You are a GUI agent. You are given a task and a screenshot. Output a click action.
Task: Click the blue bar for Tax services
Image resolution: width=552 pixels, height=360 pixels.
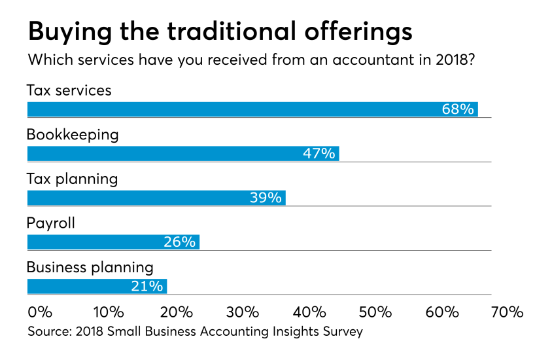tap(252, 109)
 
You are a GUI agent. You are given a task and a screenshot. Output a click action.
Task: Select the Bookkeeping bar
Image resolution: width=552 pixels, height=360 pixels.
tap(183, 154)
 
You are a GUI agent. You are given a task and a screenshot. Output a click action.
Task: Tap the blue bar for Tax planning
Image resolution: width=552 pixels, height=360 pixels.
tap(156, 198)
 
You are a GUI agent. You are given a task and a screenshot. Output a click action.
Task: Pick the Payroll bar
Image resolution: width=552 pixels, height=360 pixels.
tap(113, 242)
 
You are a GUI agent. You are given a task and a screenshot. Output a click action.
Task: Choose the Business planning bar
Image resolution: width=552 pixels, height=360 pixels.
tap(97, 286)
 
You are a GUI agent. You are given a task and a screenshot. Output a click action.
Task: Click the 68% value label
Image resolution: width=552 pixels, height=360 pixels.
tap(458, 109)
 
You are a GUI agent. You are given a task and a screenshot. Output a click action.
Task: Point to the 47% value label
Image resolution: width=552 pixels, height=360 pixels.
tap(319, 154)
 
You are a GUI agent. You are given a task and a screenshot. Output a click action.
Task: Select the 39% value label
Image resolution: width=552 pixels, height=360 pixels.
tap(266, 198)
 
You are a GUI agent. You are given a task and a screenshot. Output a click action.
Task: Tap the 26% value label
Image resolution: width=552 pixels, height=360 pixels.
tap(179, 242)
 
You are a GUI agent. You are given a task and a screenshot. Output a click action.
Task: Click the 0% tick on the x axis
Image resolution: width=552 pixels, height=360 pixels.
tap(41, 312)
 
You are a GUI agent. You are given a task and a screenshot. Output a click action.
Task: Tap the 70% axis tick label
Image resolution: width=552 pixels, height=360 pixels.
tap(508, 312)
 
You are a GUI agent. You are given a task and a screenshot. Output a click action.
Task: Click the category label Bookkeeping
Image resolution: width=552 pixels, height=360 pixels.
tap(73, 135)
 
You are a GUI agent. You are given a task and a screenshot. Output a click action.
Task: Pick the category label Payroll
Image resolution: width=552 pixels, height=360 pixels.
tap(51, 223)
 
